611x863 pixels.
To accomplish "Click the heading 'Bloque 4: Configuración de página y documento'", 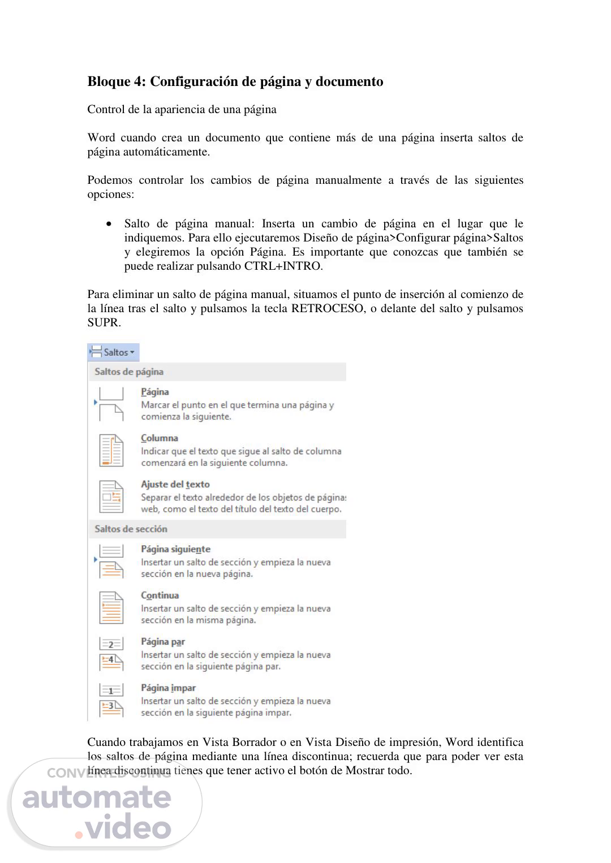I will click(x=235, y=81).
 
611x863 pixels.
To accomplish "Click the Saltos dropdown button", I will click(x=114, y=352).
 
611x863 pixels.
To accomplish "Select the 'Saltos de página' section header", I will click(x=129, y=372).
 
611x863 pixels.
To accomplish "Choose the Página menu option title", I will click(x=155, y=392).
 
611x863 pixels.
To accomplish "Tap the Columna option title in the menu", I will click(x=160, y=438).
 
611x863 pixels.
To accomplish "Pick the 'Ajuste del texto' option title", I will click(x=175, y=485).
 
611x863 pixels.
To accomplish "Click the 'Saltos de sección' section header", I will click(x=131, y=529).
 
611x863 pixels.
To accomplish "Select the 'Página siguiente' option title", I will click(x=175, y=549).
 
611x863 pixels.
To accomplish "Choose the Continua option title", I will click(x=160, y=596).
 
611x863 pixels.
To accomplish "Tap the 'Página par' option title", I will click(x=163, y=642).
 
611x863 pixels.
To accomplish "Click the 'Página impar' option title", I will click(x=168, y=688).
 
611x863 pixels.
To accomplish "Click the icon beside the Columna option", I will click(x=111, y=450).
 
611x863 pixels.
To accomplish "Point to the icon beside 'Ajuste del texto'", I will click(x=111, y=497).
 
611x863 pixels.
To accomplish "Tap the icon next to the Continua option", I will click(x=111, y=607).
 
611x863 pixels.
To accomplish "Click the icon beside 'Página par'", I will click(x=111, y=654).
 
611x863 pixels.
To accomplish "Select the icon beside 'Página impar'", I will click(x=111, y=700).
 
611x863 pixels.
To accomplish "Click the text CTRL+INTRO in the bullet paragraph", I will click(x=282, y=266).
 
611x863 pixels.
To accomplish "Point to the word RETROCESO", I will click(x=328, y=309).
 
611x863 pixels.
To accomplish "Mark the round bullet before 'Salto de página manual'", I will click(x=109, y=225).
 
